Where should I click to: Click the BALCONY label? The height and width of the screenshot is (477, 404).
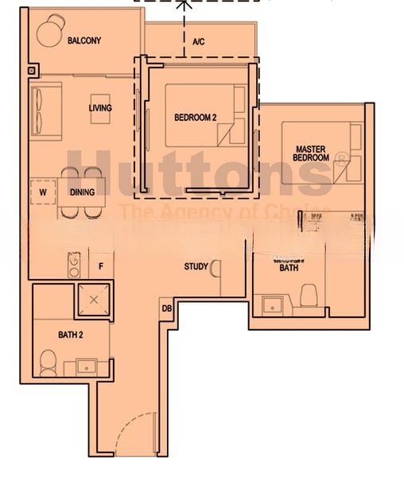(x=84, y=41)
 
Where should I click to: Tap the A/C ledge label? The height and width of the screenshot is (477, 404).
(x=199, y=41)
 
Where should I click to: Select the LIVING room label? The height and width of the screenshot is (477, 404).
(x=100, y=108)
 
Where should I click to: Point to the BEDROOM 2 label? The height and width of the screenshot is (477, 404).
(x=195, y=118)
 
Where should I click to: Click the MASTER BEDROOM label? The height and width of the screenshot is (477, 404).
(x=311, y=153)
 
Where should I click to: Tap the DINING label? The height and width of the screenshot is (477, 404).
(x=83, y=192)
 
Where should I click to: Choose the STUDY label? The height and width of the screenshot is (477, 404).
(x=196, y=267)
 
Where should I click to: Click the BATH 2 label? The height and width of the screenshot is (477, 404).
(x=72, y=335)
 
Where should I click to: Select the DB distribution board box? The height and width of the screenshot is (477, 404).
(x=167, y=308)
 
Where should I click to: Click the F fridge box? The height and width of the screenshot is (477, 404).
(x=101, y=266)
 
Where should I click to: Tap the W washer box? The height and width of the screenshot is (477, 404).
(x=43, y=192)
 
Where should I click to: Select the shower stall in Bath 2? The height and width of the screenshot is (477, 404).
(x=94, y=299)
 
